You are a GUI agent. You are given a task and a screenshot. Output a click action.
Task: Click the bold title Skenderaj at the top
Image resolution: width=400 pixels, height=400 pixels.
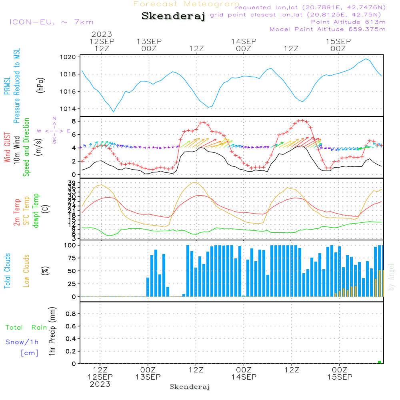tap(173, 16)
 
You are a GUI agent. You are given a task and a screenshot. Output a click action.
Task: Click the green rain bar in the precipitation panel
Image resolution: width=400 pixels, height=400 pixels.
tap(379, 362)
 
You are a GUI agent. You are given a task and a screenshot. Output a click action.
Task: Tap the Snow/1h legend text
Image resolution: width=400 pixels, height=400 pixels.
tap(22, 342)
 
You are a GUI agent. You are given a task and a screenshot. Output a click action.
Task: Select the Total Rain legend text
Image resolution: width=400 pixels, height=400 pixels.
tap(26, 328)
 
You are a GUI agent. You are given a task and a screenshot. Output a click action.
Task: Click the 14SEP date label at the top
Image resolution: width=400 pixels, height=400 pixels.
tap(243, 41)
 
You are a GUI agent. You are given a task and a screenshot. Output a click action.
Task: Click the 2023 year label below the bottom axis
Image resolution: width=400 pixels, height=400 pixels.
tap(100, 384)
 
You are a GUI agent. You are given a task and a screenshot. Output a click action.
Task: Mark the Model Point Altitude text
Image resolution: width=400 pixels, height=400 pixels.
tap(328, 29)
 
